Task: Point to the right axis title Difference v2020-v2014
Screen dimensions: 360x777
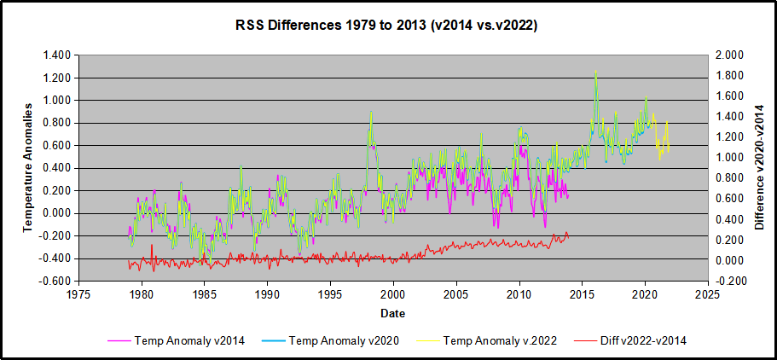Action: [x=760, y=167]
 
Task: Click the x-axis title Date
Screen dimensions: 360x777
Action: [x=393, y=313]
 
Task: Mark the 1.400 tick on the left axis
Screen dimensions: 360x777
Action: [x=56, y=55]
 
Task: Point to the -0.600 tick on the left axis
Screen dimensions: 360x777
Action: [x=55, y=281]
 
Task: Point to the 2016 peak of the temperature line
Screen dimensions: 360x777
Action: [x=595, y=73]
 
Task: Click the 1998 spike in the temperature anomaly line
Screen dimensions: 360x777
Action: [x=371, y=112]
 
